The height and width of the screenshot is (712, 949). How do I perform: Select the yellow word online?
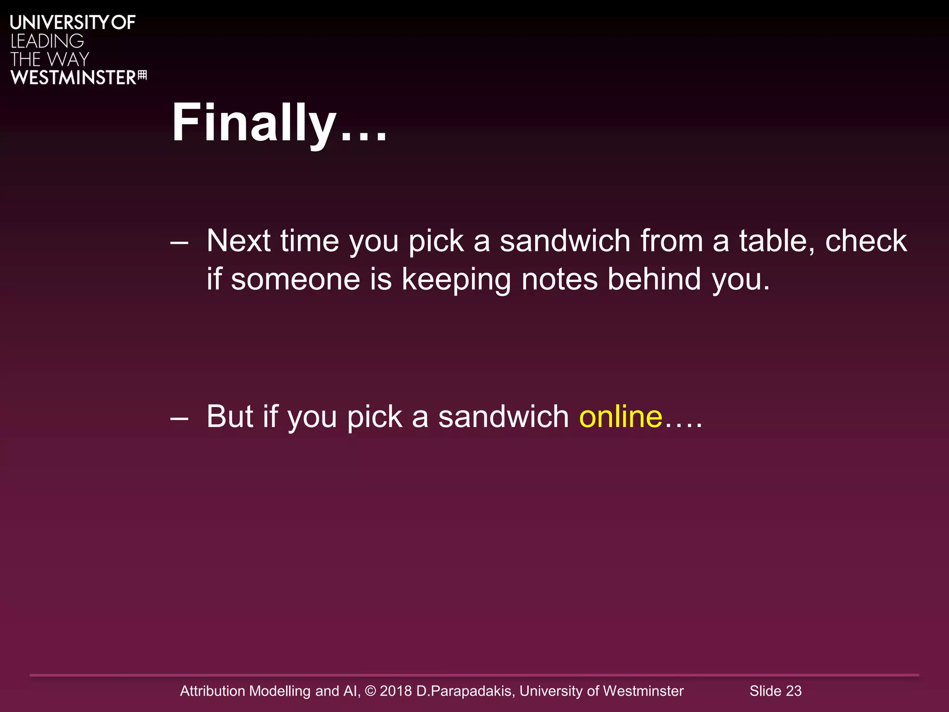pos(620,416)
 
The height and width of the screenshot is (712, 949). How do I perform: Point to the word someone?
pos(295,279)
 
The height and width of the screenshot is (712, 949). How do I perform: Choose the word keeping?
pos(456,280)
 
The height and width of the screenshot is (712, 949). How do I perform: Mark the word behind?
pos(654,279)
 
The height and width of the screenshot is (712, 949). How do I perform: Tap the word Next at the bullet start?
pos(238,241)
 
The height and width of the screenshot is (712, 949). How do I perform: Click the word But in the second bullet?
pos(229,416)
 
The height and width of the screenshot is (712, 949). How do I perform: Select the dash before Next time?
pos(179,242)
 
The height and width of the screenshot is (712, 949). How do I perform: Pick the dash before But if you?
pos(179,418)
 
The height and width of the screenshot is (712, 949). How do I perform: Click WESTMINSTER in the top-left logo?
pos(73,77)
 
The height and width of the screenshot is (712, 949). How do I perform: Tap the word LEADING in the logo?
pos(47,41)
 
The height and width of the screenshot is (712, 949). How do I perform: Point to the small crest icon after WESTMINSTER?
pos(142,75)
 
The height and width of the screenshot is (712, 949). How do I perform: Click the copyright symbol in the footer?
pos(370,691)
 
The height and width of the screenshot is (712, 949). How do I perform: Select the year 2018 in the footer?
pos(395,691)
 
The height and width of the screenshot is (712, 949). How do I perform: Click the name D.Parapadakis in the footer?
pos(465,691)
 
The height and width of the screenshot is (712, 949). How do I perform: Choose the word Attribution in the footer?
pos(212,691)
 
